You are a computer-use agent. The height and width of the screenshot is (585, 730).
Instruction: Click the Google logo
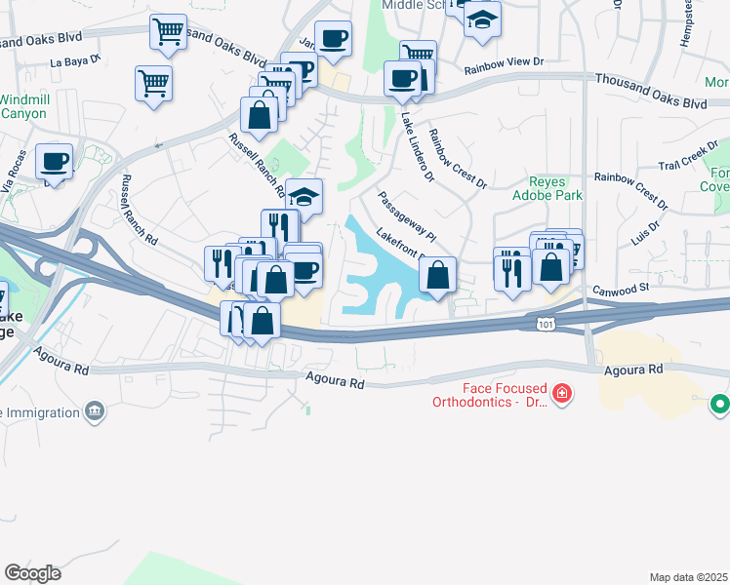(32, 573)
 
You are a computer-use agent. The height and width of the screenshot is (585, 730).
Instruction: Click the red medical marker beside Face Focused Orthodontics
(561, 394)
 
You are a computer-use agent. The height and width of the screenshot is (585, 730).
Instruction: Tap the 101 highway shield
(546, 321)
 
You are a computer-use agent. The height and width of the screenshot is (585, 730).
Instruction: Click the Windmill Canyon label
(22, 106)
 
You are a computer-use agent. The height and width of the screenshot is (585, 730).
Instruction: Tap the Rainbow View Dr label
(504, 64)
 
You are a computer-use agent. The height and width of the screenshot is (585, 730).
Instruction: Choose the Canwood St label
(623, 289)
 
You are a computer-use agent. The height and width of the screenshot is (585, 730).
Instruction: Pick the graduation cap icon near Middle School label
(481, 19)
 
